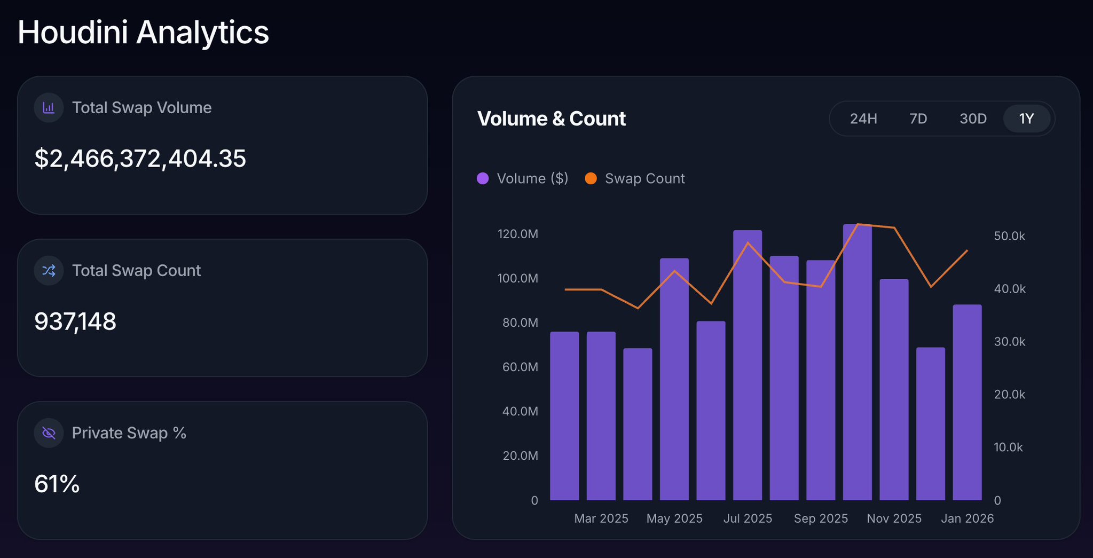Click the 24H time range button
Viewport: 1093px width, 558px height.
[863, 119]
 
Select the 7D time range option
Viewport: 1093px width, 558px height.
[918, 119]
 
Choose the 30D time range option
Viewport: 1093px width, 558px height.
[973, 119]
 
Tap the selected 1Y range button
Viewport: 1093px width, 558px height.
[1026, 119]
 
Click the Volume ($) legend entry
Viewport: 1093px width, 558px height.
[523, 178]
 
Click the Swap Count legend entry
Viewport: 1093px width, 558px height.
[635, 178]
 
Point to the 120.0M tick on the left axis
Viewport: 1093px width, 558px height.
[517, 234]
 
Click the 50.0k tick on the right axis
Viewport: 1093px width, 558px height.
[1009, 236]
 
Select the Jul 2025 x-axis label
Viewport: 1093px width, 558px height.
[748, 518]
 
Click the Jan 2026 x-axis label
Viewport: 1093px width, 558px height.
[967, 518]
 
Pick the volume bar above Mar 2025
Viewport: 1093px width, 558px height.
[601, 416]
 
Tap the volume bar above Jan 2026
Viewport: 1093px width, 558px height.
[967, 406]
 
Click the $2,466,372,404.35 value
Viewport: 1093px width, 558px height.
[140, 159]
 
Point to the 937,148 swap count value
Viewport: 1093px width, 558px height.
[75, 321]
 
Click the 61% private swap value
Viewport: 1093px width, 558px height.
[57, 484]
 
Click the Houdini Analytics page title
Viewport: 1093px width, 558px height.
[143, 32]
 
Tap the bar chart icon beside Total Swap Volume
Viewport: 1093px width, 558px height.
[49, 108]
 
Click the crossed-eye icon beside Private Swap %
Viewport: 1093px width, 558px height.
[49, 433]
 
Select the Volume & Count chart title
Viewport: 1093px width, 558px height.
[551, 119]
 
